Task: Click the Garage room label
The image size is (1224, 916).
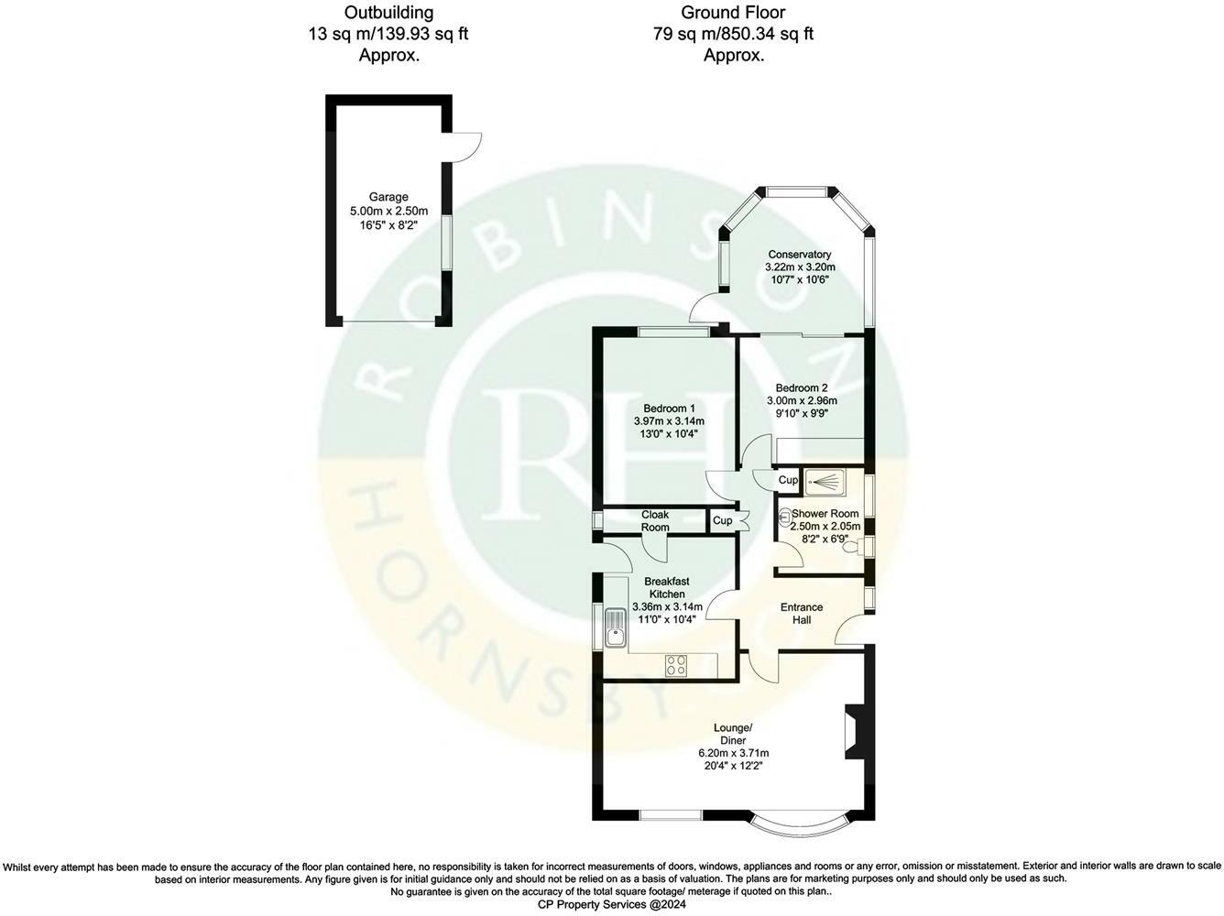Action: pos(388,197)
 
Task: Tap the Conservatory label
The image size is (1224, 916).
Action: pos(800,255)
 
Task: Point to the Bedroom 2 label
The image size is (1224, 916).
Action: pos(802,388)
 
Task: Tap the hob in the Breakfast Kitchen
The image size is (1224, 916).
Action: pos(676,665)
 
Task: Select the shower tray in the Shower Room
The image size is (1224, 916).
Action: pos(825,482)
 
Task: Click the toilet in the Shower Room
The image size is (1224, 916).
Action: pos(854,546)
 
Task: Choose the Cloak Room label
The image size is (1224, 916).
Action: pos(655,520)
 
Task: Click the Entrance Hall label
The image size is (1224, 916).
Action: pos(802,614)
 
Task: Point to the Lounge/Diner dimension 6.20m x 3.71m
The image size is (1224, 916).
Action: pos(733,753)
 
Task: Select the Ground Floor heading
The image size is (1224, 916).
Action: pos(733,12)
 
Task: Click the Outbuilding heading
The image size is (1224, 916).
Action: pos(388,12)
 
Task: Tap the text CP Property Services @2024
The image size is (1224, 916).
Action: pos(612,904)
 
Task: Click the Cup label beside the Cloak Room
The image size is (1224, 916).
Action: pos(722,520)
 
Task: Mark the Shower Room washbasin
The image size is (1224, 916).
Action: pos(784,518)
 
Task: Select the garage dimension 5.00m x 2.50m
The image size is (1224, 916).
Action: pos(388,211)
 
